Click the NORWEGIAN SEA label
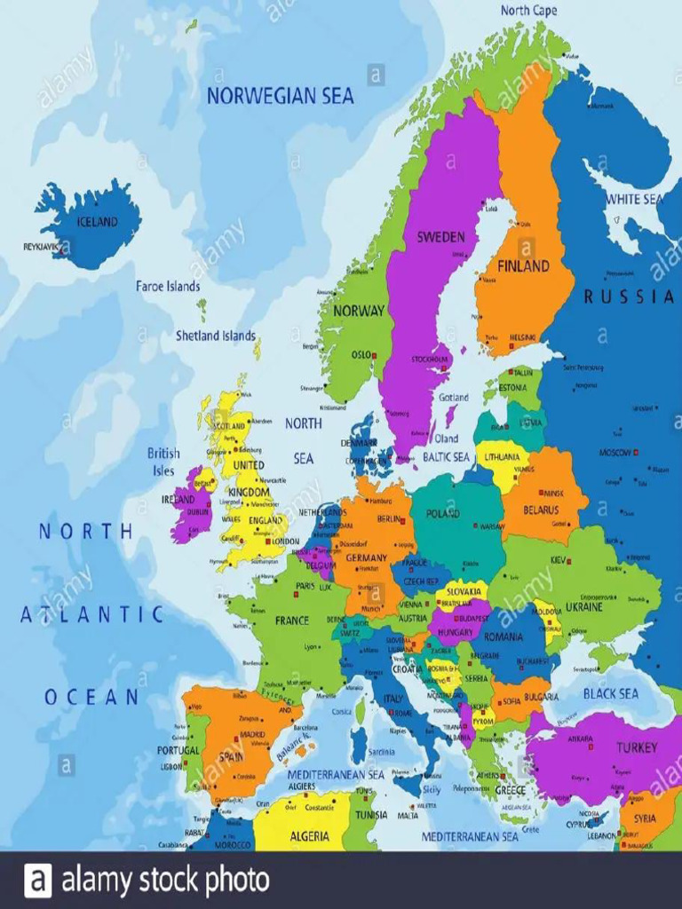click(280, 96)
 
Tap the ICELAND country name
click(97, 222)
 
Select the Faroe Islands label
click(168, 286)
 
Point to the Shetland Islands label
click(215, 336)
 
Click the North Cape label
click(528, 11)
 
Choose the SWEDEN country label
click(440, 237)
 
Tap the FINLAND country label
click(523, 265)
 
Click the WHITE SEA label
click(634, 199)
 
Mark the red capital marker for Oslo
click(375, 355)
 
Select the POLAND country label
click(443, 513)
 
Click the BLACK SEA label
click(611, 693)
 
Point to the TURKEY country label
click(637, 747)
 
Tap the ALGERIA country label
click(309, 835)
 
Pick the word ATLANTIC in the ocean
click(92, 614)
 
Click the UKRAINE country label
click(583, 607)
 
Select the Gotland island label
click(453, 398)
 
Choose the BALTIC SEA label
click(446, 457)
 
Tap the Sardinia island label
click(381, 752)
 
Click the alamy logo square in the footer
click(37, 880)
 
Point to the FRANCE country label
click(291, 620)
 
